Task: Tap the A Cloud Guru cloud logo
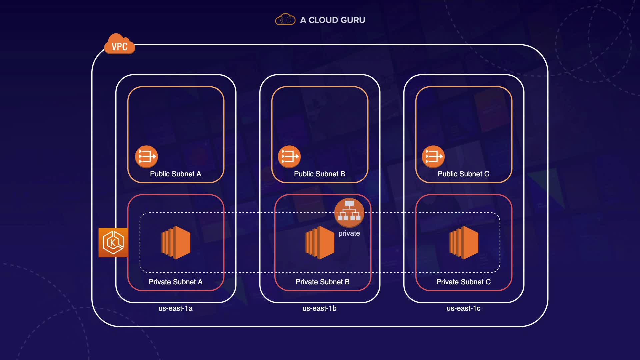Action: pyautogui.click(x=285, y=20)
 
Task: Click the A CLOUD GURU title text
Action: pyautogui.click(x=332, y=20)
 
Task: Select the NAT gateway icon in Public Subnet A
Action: pyautogui.click(x=146, y=156)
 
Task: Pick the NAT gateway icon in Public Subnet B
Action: pyautogui.click(x=289, y=156)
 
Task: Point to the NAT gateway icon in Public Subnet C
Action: pyautogui.click(x=433, y=156)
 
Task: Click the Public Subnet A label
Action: pyautogui.click(x=175, y=174)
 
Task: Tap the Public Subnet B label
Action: pyautogui.click(x=319, y=174)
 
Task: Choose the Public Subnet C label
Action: pyautogui.click(x=463, y=174)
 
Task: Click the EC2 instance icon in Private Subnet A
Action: pyautogui.click(x=176, y=242)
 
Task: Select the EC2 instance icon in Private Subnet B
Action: pyautogui.click(x=320, y=242)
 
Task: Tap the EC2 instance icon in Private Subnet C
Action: pyautogui.click(x=464, y=242)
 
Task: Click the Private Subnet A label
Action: pyautogui.click(x=175, y=282)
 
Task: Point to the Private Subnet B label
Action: pyautogui.click(x=322, y=282)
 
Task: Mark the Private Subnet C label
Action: pyautogui.click(x=463, y=282)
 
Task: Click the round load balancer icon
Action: pyautogui.click(x=349, y=213)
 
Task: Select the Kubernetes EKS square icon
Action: pyautogui.click(x=113, y=243)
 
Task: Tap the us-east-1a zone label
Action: pyautogui.click(x=175, y=308)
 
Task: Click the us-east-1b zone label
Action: pyautogui.click(x=319, y=308)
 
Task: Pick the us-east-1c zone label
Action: pyautogui.click(x=463, y=308)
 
